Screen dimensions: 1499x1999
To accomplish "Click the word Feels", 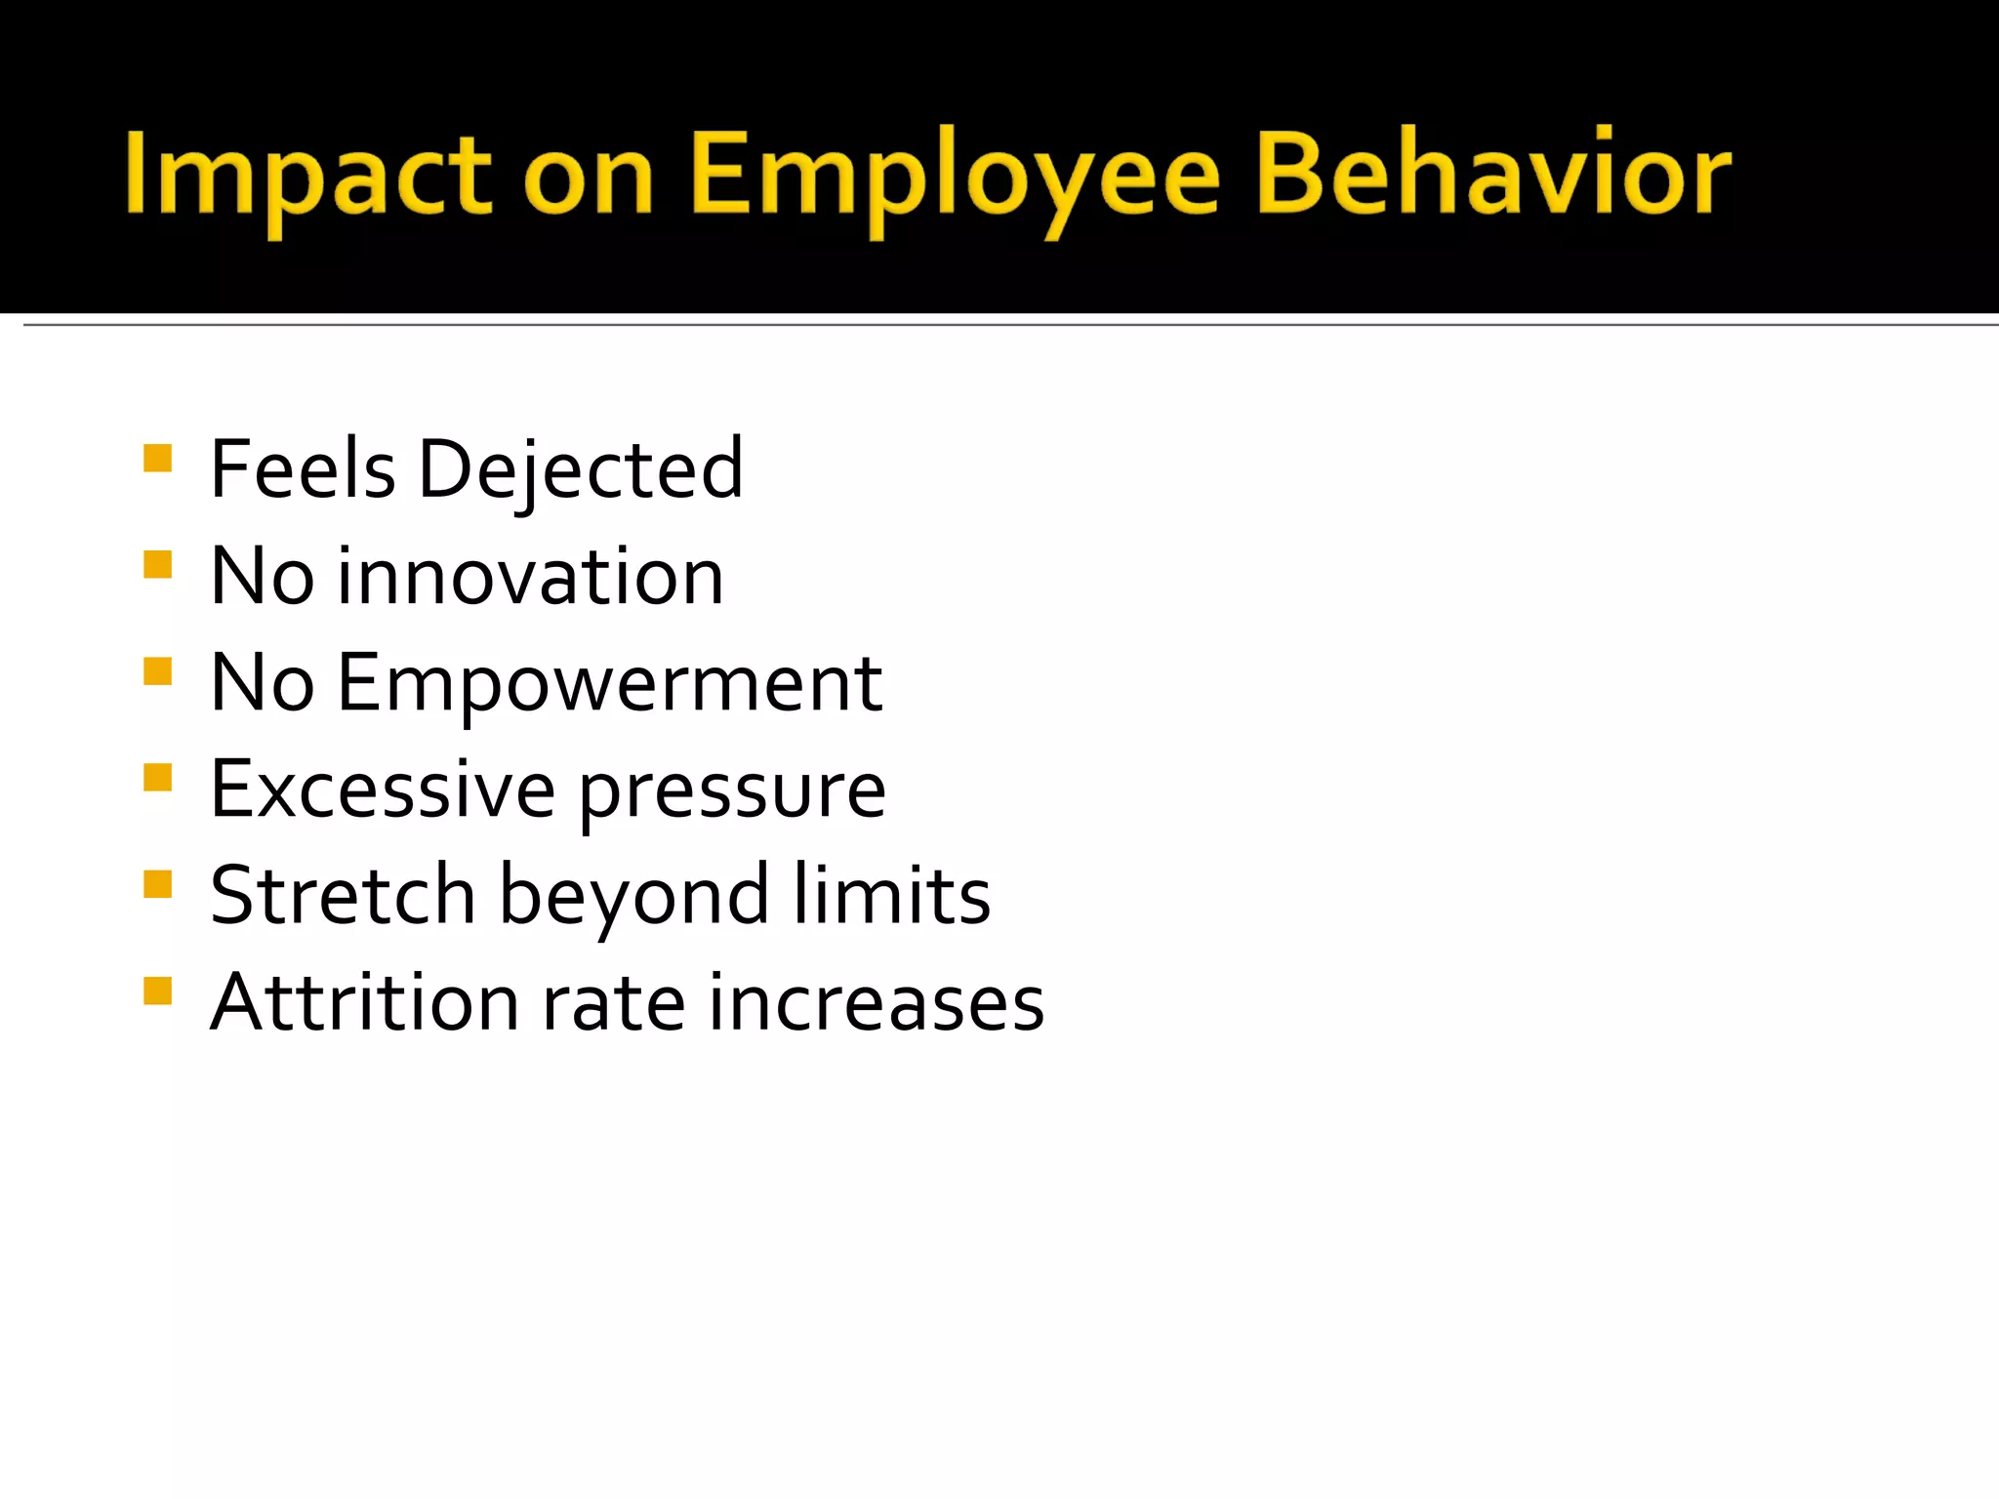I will [x=303, y=469].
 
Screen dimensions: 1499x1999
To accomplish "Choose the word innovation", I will [x=530, y=577].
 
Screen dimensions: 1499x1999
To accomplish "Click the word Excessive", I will [x=383, y=789].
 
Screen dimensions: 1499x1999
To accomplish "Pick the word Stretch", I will [x=343, y=895].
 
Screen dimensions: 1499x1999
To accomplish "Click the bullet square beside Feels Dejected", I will [x=157, y=458].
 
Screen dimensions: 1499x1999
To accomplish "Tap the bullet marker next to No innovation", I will [x=157, y=565].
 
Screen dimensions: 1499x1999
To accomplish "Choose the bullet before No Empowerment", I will [x=157, y=671].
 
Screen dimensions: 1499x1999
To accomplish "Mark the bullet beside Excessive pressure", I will [x=157, y=778].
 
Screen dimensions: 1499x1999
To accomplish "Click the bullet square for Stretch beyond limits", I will [x=157, y=884].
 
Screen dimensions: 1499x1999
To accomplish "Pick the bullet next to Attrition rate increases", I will [x=157, y=991].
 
